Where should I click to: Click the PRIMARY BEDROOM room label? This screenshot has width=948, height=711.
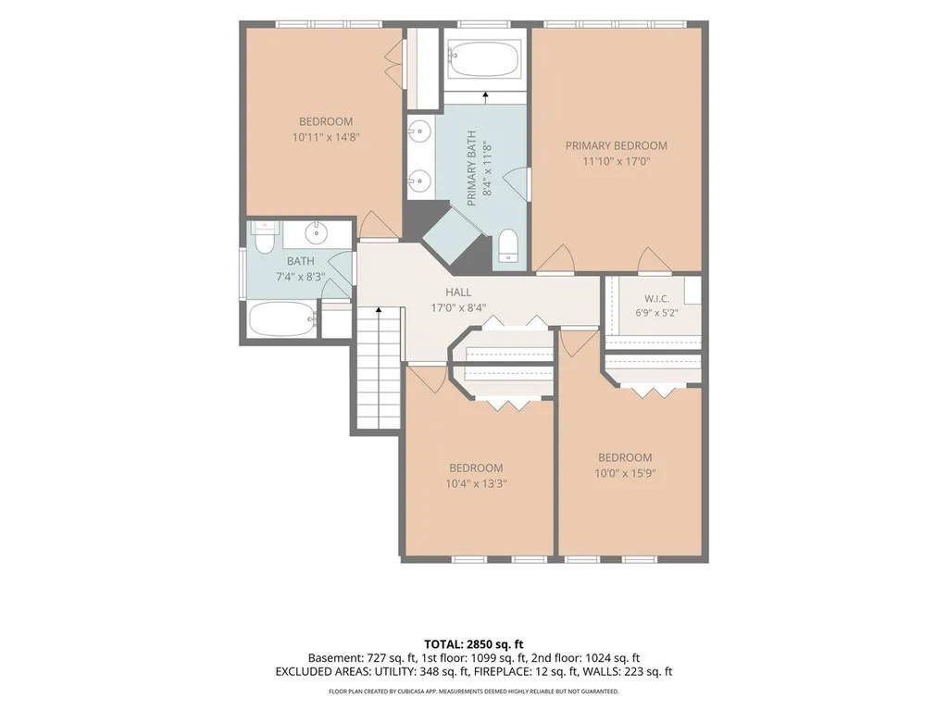[616, 145]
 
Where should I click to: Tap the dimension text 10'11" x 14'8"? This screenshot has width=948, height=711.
[326, 137]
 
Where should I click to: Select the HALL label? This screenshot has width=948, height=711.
[458, 292]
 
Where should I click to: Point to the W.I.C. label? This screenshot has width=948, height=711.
[656, 299]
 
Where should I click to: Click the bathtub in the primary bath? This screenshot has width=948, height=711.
[484, 58]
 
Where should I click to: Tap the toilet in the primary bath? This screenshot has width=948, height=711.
[508, 246]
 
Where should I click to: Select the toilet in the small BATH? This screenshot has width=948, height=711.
[264, 238]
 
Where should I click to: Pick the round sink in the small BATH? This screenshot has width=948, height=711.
[316, 231]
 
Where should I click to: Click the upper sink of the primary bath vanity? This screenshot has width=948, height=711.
[419, 130]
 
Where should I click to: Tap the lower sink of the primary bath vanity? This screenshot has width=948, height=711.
[419, 180]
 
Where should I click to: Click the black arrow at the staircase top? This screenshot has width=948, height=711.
[379, 309]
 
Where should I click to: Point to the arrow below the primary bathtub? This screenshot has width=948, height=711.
[485, 94]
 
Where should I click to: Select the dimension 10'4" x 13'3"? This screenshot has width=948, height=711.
[477, 483]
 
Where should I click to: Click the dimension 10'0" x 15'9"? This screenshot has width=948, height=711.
[625, 473]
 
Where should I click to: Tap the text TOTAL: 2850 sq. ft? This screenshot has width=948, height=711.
[473, 644]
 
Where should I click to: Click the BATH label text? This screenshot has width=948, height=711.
[301, 261]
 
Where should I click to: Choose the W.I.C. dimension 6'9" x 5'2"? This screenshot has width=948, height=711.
[656, 313]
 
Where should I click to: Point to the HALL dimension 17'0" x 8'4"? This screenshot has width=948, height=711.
[458, 307]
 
